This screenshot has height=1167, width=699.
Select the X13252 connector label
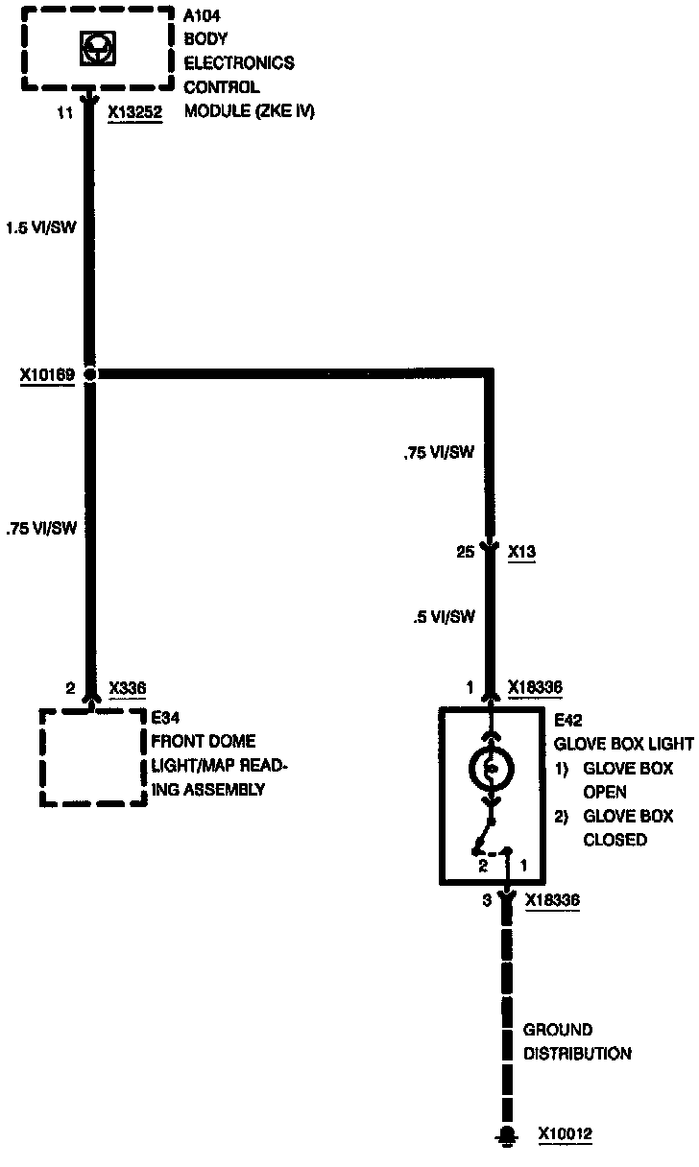coord(135,112)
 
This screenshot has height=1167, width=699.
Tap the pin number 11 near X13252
coord(65,112)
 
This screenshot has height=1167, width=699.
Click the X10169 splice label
coord(48,374)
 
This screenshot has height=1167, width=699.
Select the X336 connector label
coord(128,688)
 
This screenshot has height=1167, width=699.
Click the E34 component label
coord(165,717)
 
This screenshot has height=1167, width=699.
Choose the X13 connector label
coord(521,552)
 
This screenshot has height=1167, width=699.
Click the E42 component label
coord(569,720)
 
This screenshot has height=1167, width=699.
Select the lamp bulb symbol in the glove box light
coord(491,769)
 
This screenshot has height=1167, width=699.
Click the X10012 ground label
coord(566,1134)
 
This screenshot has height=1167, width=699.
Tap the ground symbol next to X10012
coord(504,1137)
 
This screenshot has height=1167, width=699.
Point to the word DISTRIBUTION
coord(577,1054)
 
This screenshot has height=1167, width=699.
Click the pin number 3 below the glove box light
coord(487,900)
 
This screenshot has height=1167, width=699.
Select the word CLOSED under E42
coord(615,840)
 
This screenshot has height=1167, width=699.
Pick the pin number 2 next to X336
coord(70,688)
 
